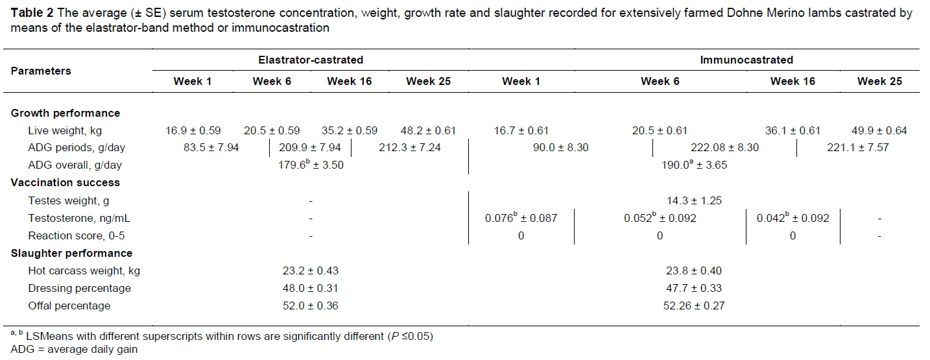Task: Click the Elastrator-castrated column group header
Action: [311, 60]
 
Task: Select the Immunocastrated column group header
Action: [746, 60]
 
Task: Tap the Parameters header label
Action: [41, 71]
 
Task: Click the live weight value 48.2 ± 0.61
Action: [428, 130]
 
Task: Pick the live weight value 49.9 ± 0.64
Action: [879, 130]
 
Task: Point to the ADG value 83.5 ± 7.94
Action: [211, 147]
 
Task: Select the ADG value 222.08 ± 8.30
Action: [724, 147]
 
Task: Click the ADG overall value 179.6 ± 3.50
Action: [311, 165]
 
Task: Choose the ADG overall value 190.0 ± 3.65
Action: [693, 165]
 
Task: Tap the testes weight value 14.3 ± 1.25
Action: [693, 200]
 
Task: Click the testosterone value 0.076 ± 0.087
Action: [521, 218]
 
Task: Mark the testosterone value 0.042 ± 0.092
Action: [793, 218]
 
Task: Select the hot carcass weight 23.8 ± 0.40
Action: [693, 270]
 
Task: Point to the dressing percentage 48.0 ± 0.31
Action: [311, 288]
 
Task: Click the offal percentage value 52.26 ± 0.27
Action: [693, 306]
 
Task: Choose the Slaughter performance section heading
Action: [71, 253]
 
